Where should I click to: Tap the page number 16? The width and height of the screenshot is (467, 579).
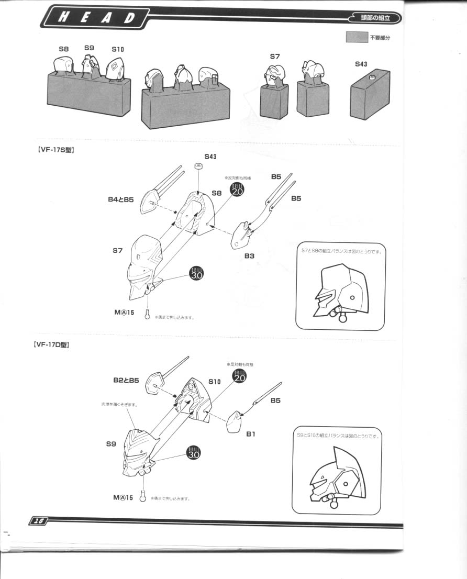[38, 520]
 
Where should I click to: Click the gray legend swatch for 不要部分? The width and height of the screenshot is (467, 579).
[357, 38]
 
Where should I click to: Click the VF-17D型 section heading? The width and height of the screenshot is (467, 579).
[51, 345]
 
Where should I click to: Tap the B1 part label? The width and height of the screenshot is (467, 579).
[251, 434]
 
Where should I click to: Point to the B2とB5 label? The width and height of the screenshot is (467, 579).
[126, 381]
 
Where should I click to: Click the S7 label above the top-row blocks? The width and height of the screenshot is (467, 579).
[275, 56]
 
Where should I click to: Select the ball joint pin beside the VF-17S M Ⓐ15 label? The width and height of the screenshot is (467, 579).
[148, 314]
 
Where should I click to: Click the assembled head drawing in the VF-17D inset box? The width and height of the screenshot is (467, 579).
[335, 474]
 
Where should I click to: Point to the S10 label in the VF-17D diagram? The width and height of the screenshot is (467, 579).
[215, 382]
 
